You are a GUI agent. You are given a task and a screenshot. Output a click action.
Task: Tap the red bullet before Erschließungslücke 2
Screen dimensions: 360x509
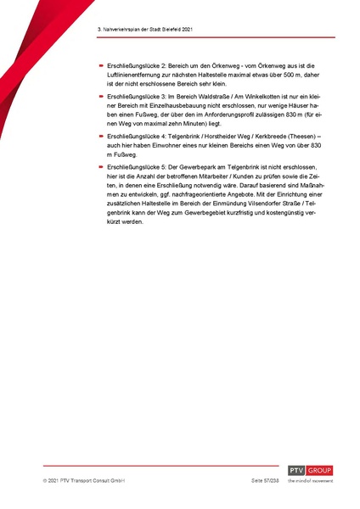tap(100, 65)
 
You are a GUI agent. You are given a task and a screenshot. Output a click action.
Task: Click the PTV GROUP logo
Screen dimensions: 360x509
tap(310, 472)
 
